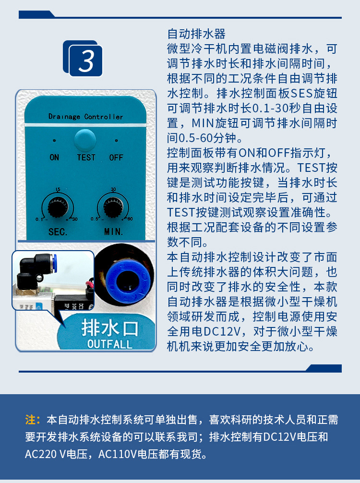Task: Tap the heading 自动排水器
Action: coord(196,35)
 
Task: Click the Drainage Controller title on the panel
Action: coord(85,117)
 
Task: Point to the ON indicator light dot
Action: coord(54,141)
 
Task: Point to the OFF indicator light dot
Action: coord(116,141)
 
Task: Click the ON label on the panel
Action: coord(54,157)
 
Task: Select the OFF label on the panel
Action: coord(116,157)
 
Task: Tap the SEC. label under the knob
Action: coord(58,231)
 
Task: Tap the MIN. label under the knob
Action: coord(113,231)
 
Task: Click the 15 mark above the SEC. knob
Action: coord(58,189)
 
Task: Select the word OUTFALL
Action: coord(109,344)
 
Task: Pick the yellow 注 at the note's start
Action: coord(30,420)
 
